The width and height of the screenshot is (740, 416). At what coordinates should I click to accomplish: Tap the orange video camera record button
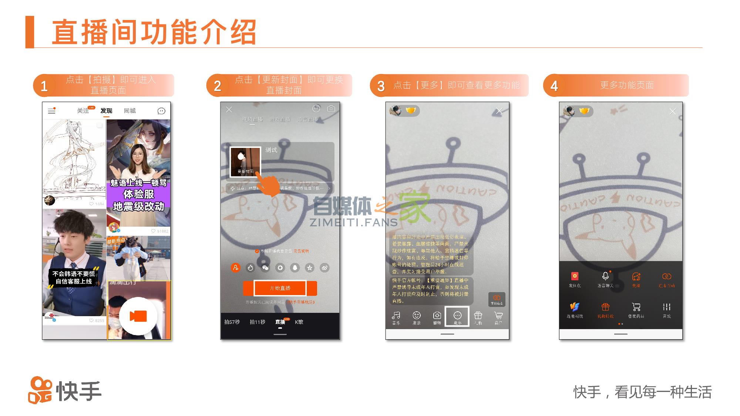[138, 316]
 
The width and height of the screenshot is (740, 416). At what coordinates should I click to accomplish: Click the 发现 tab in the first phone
[106, 111]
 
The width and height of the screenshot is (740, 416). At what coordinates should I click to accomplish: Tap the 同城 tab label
[129, 111]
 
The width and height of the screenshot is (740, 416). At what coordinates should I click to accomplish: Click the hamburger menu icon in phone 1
[52, 111]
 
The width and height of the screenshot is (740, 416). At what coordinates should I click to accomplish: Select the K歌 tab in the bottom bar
[299, 322]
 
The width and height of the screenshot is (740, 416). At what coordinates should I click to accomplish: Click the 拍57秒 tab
[232, 322]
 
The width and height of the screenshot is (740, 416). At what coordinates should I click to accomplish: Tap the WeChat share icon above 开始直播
[265, 268]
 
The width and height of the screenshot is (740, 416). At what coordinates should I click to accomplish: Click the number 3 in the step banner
[381, 86]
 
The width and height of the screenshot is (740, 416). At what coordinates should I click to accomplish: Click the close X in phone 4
[673, 111]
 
